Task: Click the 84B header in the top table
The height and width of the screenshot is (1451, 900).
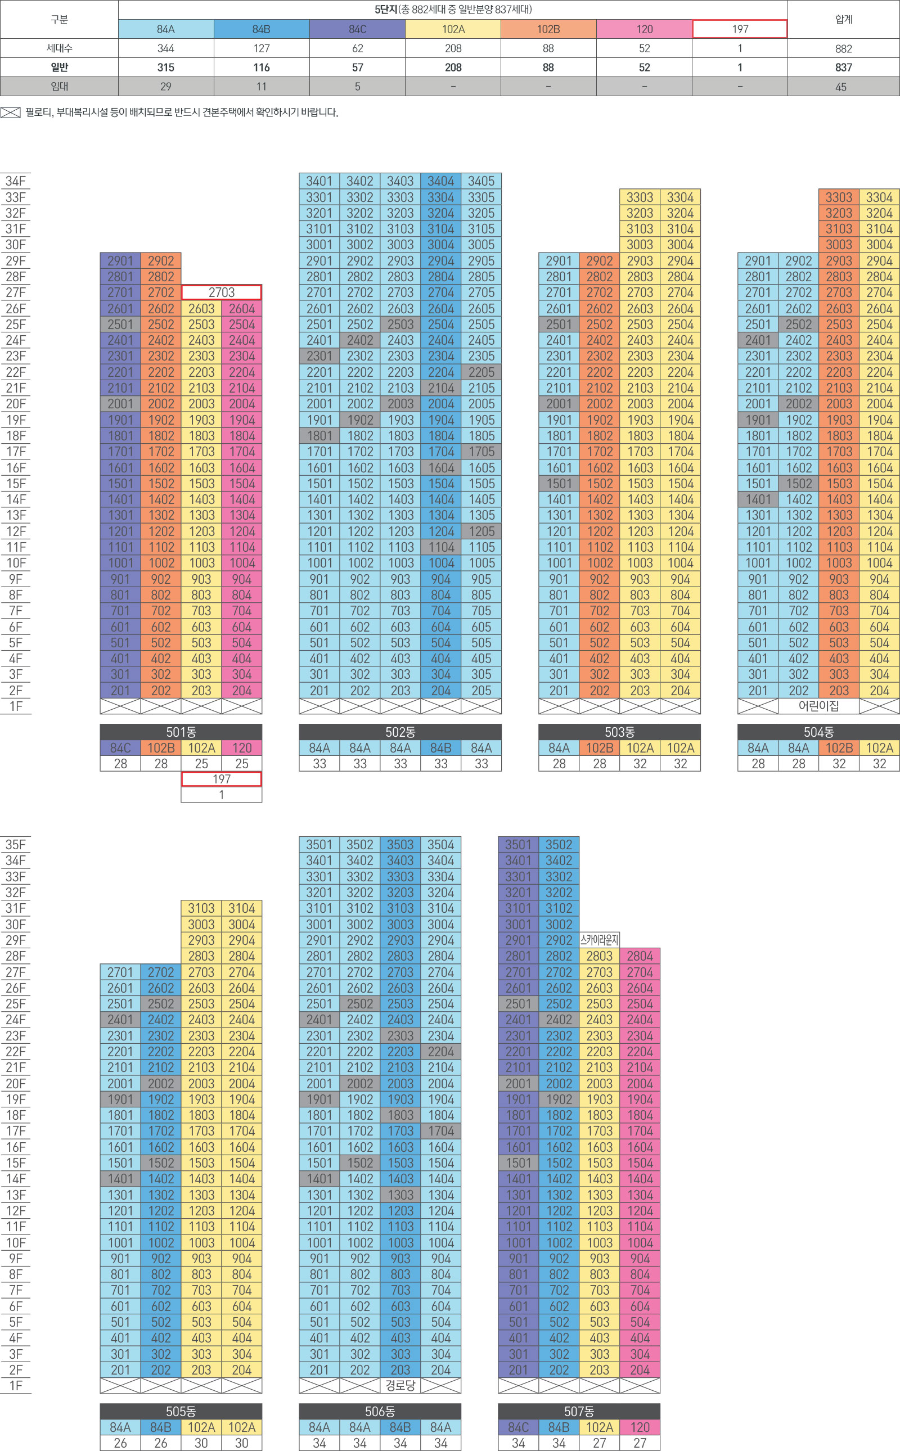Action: tap(262, 29)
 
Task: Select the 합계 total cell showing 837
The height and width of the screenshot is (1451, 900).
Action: tap(843, 67)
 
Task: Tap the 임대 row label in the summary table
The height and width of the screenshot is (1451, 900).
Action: tap(59, 86)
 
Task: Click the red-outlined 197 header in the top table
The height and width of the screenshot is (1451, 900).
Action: tap(739, 29)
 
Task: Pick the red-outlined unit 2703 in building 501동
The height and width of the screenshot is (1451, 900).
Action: tap(222, 292)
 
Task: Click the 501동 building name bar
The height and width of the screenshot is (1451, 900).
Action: tap(181, 732)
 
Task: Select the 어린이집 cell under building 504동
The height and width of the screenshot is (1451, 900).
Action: tap(818, 706)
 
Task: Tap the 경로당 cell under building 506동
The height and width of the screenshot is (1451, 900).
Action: tap(400, 1385)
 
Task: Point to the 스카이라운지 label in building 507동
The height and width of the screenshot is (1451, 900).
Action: tap(600, 940)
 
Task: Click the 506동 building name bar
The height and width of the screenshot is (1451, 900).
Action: tap(380, 1411)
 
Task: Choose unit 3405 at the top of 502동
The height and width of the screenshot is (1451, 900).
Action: tap(481, 181)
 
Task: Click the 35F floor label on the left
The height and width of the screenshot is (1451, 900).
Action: tap(16, 844)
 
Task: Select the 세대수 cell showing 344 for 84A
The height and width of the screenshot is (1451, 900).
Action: tap(165, 48)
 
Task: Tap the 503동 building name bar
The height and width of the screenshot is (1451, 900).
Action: tap(619, 732)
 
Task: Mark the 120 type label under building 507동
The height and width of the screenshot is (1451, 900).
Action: tap(640, 1427)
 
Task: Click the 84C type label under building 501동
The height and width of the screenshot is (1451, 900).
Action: tap(120, 747)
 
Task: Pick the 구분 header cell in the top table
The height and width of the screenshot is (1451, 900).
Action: tap(59, 20)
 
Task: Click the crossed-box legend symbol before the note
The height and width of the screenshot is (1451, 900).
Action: tap(11, 112)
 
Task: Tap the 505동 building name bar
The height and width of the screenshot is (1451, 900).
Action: tap(181, 1411)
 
